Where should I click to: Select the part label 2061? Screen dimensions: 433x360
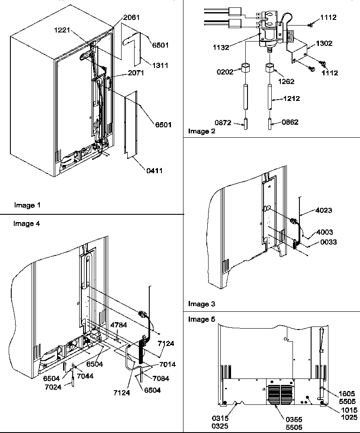pos(132,17)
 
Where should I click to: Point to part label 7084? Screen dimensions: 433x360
pos(161,378)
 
